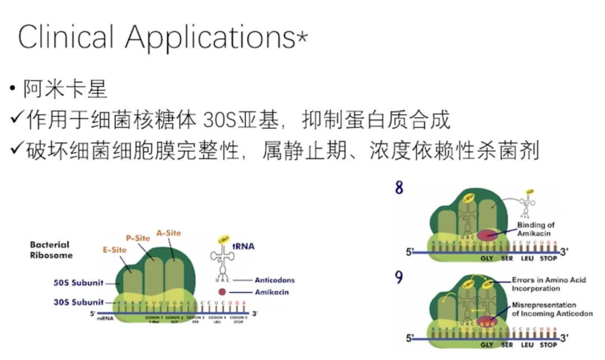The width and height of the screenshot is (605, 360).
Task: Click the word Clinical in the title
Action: pos(66,37)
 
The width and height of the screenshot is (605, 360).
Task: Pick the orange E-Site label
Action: pos(114,250)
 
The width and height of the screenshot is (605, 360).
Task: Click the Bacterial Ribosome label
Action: pos(50,250)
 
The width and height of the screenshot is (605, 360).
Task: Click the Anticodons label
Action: pos(274,280)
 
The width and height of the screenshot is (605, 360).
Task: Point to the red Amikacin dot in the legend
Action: pos(222,292)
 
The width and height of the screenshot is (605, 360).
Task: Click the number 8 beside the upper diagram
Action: pos(399,188)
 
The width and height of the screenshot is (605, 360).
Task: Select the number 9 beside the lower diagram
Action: pos(399,277)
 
